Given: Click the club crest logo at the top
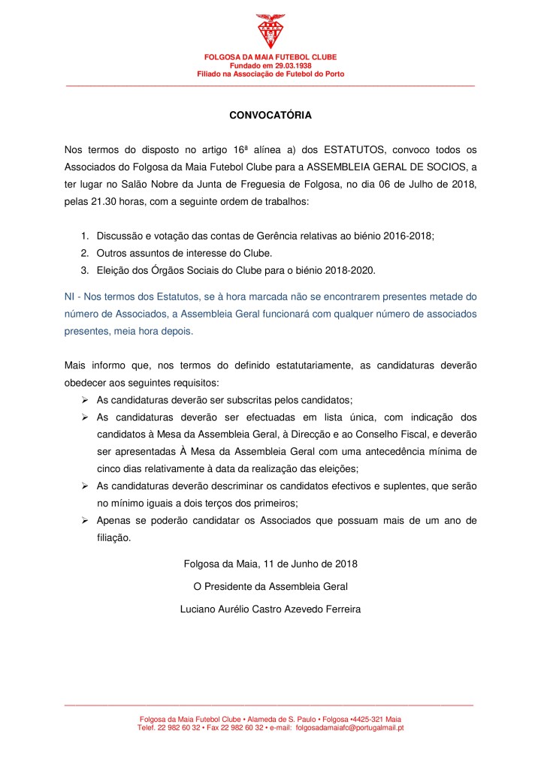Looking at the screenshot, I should click(x=270, y=32).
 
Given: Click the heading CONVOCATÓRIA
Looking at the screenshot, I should click(x=270, y=116).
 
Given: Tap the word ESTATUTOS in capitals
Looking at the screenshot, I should click(x=351, y=150).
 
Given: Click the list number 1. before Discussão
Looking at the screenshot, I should click(x=84, y=236).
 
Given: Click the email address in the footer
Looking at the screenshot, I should click(x=350, y=728).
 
